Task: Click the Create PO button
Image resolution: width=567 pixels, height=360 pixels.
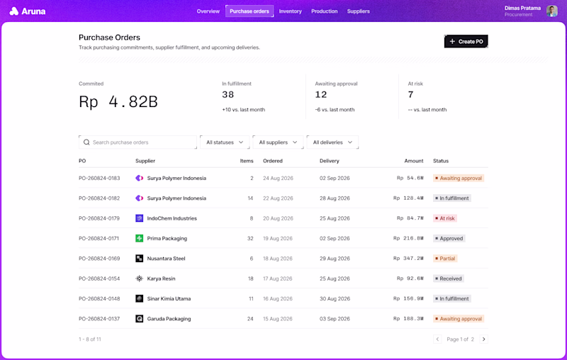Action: tap(466, 41)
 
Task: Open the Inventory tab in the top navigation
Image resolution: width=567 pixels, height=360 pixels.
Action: tap(290, 11)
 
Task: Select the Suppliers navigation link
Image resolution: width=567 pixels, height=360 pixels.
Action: tap(358, 11)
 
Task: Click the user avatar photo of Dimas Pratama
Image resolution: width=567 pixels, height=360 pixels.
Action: tap(552, 11)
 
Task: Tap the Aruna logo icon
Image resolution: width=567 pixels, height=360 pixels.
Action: tap(13, 11)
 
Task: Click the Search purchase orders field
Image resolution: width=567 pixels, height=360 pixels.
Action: tap(137, 142)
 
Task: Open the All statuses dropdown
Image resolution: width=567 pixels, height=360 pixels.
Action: tap(225, 142)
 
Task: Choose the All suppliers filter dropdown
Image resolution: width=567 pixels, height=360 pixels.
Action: tap(278, 142)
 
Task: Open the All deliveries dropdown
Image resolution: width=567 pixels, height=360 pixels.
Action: tap(332, 142)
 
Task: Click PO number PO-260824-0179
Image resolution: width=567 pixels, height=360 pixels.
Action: tap(99, 218)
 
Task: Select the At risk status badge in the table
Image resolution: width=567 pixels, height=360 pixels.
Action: tap(445, 218)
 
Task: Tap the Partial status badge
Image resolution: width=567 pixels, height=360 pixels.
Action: tap(445, 259)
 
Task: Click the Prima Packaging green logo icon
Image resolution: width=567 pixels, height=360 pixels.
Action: tap(139, 239)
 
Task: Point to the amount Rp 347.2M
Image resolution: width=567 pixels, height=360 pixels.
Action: tap(408, 259)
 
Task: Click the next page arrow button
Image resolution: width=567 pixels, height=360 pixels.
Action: tap(484, 339)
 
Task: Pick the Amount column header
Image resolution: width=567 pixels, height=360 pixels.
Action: tap(414, 161)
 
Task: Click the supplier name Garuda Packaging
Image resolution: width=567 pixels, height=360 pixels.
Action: tap(169, 319)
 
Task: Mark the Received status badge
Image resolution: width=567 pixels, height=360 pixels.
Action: tap(449, 279)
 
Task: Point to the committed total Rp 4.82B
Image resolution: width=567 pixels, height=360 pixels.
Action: tap(118, 101)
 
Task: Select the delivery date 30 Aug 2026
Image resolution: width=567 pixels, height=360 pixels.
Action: tap(335, 299)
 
